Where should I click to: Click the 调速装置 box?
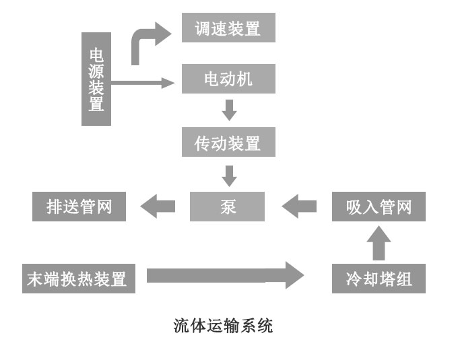[x=228, y=29]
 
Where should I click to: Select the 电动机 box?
[x=228, y=79]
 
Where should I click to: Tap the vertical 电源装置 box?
[x=96, y=79]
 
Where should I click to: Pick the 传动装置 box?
[x=228, y=143]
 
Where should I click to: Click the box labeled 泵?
[x=228, y=207]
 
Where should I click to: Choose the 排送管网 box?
[x=79, y=207]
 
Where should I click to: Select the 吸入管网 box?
[x=379, y=207]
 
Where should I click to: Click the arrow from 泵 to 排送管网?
[x=157, y=207]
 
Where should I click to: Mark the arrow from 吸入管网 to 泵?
[x=299, y=207]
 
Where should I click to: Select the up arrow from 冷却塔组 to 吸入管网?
[x=379, y=243]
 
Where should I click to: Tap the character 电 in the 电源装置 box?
[x=96, y=55]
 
